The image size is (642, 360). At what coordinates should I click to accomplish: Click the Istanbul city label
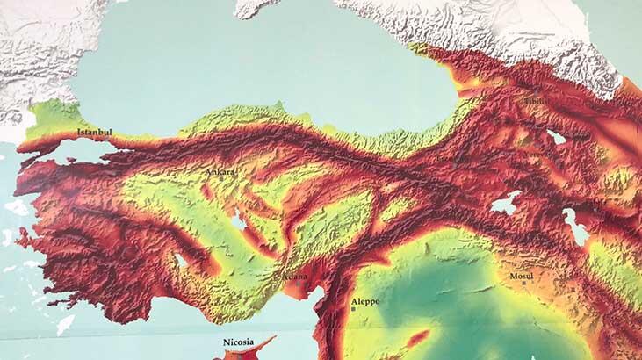95,133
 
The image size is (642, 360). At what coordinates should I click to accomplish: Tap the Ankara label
220,172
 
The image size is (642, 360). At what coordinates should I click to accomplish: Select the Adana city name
293,277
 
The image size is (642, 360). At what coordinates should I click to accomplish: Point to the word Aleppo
365,301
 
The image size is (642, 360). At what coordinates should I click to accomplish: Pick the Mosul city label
521,277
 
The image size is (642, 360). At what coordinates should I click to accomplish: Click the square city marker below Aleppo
353,309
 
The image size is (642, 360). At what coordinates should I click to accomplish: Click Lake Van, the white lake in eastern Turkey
506,204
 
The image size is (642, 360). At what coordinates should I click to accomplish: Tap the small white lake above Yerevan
556,137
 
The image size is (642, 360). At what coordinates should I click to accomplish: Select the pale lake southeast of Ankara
239,222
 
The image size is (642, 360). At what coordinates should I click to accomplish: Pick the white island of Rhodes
65,324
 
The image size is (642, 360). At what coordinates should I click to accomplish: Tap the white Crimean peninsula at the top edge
263,7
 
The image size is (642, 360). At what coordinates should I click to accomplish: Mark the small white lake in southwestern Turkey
180,261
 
